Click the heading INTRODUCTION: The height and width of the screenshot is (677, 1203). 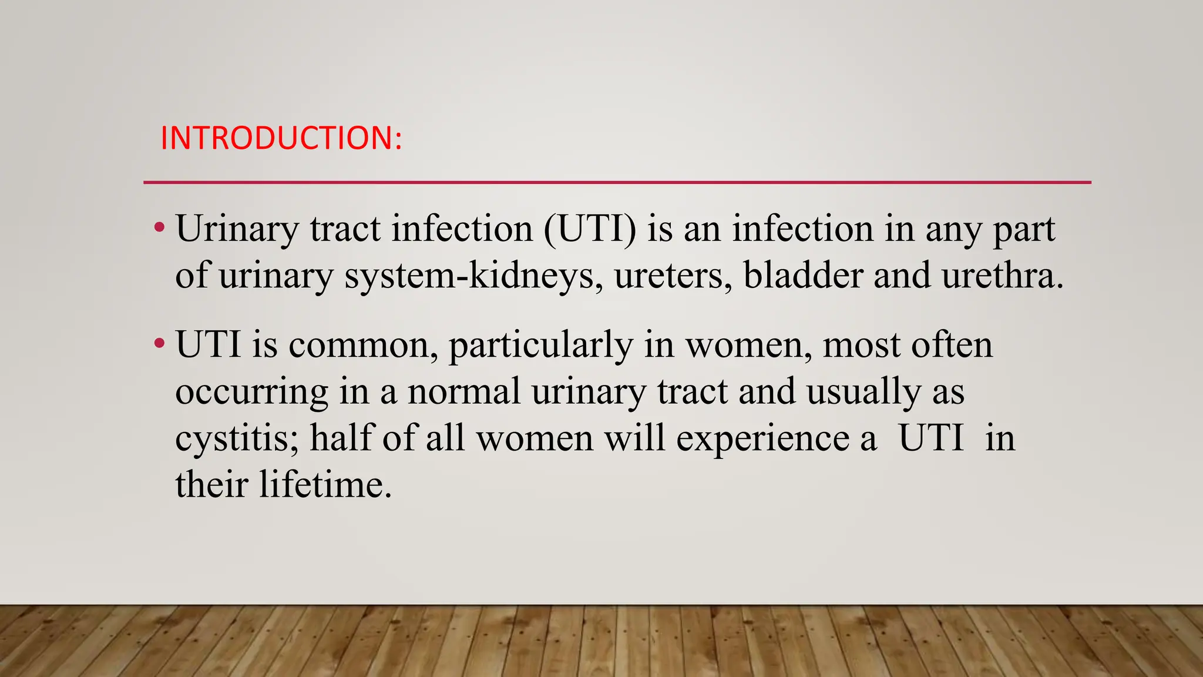pos(281,138)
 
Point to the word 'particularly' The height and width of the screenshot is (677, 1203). pos(540,346)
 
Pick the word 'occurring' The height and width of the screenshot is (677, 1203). pos(251,393)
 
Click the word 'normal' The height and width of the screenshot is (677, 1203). pos(464,391)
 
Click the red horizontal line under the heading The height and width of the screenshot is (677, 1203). pos(617,183)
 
